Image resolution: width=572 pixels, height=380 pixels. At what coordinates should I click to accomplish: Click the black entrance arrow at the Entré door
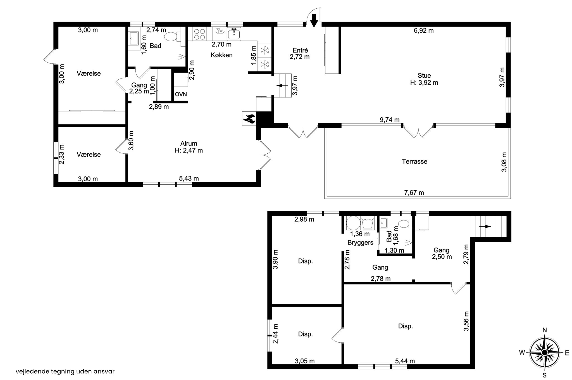[x=314, y=21]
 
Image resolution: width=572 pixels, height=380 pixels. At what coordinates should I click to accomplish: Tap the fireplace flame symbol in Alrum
[x=249, y=118]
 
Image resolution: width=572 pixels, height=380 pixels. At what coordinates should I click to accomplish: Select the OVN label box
[x=181, y=94]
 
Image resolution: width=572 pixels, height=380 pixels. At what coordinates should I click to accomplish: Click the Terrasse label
[x=414, y=161]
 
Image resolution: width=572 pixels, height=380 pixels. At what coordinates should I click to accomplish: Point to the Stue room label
[x=424, y=75]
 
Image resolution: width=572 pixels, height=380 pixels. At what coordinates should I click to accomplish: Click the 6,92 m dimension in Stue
[x=424, y=31]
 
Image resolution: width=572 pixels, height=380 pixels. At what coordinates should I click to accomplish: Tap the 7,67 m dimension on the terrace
[x=414, y=193]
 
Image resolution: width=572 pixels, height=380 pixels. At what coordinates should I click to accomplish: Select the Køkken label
[x=221, y=55]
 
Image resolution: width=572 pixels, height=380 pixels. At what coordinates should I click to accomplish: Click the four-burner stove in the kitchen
[x=199, y=34]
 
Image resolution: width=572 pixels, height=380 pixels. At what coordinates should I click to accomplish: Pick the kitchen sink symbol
[x=234, y=34]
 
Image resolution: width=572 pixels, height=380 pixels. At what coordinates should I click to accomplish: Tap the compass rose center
[x=544, y=353]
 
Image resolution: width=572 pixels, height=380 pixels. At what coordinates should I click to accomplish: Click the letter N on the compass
[x=544, y=330]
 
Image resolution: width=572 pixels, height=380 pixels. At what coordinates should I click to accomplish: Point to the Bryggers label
[x=360, y=243]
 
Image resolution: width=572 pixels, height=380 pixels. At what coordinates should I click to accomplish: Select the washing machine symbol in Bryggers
[x=352, y=224]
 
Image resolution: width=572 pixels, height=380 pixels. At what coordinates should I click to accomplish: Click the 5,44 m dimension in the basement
[x=405, y=361]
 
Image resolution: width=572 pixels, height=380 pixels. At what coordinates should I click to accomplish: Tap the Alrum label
[x=189, y=144]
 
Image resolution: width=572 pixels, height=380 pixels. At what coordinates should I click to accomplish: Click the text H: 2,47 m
[x=189, y=151]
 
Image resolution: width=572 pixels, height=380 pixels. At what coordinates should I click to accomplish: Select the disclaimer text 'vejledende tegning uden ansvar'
[x=65, y=371]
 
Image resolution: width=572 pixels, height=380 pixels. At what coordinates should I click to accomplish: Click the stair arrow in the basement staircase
[x=485, y=227]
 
